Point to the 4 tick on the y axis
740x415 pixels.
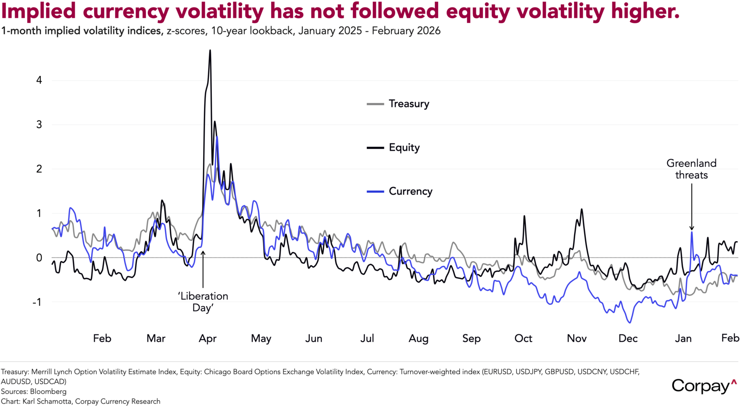39,80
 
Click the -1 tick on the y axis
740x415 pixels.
38,302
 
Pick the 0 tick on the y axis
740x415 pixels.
39,258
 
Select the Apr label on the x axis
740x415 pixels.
207,339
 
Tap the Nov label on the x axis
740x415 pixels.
577,339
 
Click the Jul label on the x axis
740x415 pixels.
367,339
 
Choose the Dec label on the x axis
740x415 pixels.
628,339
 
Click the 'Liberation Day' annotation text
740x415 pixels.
203,302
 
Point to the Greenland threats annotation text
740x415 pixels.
691,169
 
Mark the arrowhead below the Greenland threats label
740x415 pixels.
691,228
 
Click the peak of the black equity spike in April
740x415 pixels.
210,51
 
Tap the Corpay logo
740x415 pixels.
704,386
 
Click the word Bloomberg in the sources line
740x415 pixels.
48,391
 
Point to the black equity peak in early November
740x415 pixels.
582,209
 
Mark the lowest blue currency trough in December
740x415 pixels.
630,322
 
